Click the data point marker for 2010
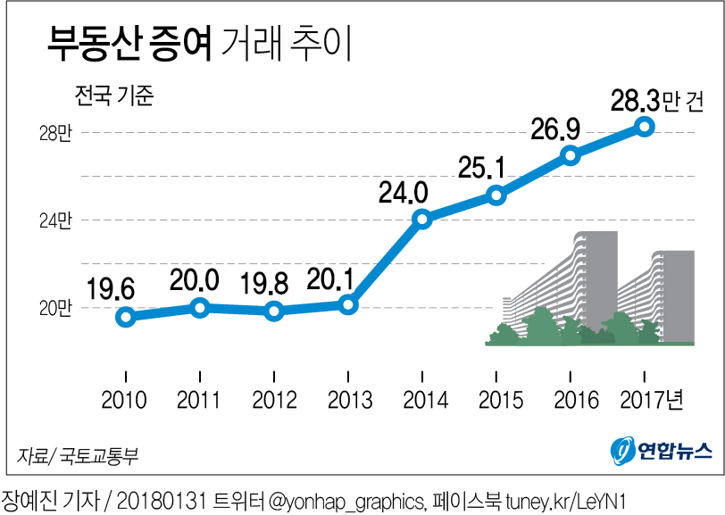(x=126, y=317)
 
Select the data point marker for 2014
(x=422, y=219)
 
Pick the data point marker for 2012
(x=274, y=311)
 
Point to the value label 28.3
(x=636, y=100)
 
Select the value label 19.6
(x=111, y=288)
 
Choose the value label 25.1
(x=482, y=167)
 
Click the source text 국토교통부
(x=99, y=456)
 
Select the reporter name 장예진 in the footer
(x=27, y=498)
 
